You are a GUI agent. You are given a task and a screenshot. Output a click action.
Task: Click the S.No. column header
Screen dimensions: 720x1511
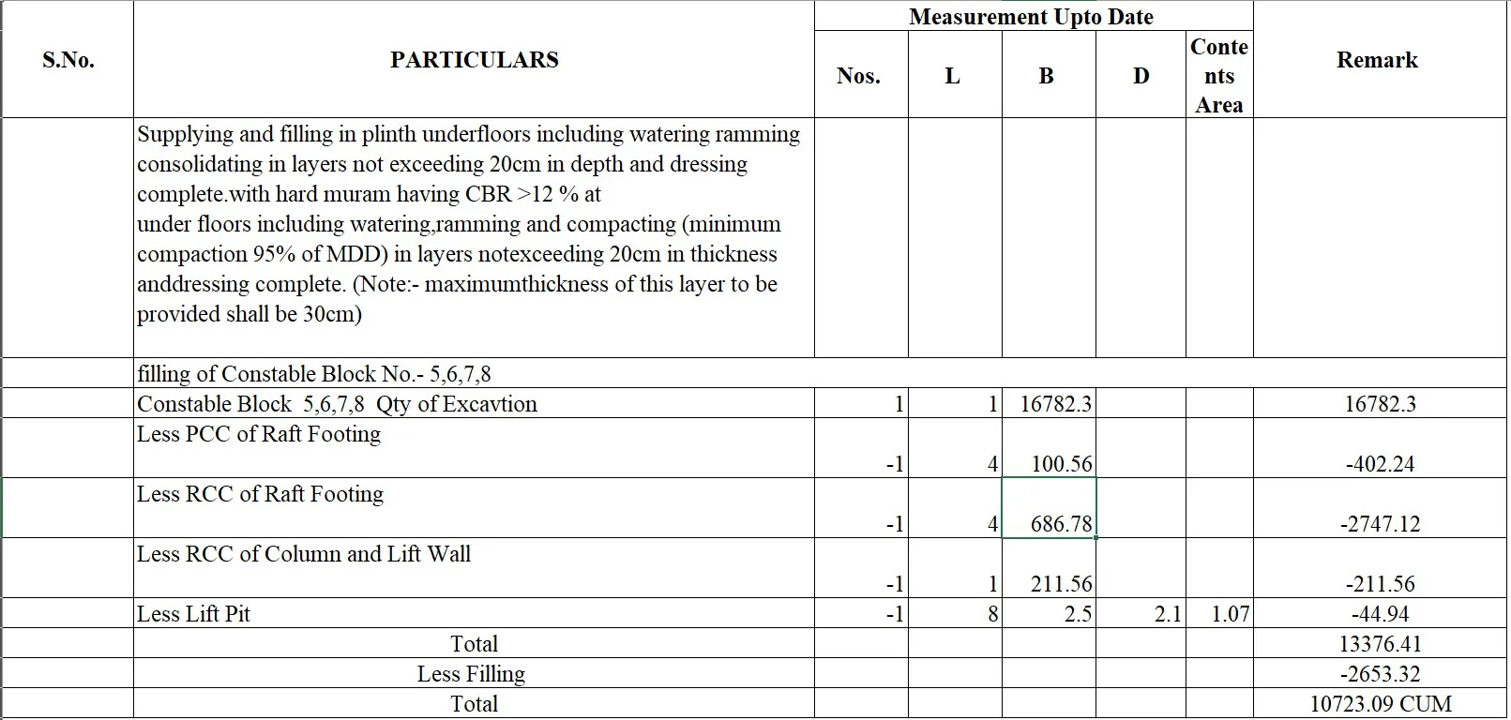pos(68,60)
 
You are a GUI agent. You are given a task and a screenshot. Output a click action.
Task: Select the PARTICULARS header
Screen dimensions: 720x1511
pos(474,60)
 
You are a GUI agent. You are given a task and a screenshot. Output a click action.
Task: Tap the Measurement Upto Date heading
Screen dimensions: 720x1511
pos(1031,17)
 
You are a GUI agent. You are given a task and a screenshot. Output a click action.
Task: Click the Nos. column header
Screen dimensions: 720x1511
pos(858,76)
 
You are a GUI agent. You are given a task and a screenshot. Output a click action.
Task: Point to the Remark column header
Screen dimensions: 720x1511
pos(1377,60)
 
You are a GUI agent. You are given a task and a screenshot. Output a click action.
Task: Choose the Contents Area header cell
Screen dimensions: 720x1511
pos(1218,76)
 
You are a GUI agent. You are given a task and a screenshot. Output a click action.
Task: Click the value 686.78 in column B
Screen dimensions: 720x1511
pos(1061,524)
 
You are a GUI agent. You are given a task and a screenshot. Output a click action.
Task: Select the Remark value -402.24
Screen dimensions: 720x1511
pos(1379,464)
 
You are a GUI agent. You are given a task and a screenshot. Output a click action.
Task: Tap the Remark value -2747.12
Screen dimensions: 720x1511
pos(1379,524)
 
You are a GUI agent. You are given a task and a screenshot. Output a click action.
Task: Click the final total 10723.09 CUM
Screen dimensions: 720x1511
pos(1380,704)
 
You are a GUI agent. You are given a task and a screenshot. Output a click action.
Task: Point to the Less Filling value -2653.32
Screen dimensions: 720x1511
pos(1380,674)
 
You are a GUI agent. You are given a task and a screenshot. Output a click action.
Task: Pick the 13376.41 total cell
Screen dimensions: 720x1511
pos(1380,644)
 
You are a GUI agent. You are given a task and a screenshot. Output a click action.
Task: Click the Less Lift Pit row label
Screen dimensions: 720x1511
pos(194,614)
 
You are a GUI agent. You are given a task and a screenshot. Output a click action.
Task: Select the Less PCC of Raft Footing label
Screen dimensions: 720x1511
pos(259,434)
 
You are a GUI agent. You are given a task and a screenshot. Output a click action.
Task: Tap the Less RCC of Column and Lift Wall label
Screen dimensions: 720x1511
pos(304,554)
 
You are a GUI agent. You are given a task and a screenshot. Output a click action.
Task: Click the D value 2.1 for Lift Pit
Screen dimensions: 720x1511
pos(1167,614)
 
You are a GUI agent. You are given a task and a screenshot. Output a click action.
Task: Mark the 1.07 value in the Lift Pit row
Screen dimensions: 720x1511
pos(1230,614)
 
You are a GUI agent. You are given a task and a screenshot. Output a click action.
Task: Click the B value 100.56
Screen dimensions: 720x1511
pos(1061,464)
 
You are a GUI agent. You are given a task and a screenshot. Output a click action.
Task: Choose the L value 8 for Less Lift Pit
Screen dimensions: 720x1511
pos(992,614)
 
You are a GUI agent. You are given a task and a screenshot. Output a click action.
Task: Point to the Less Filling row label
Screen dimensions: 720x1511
pos(471,674)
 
